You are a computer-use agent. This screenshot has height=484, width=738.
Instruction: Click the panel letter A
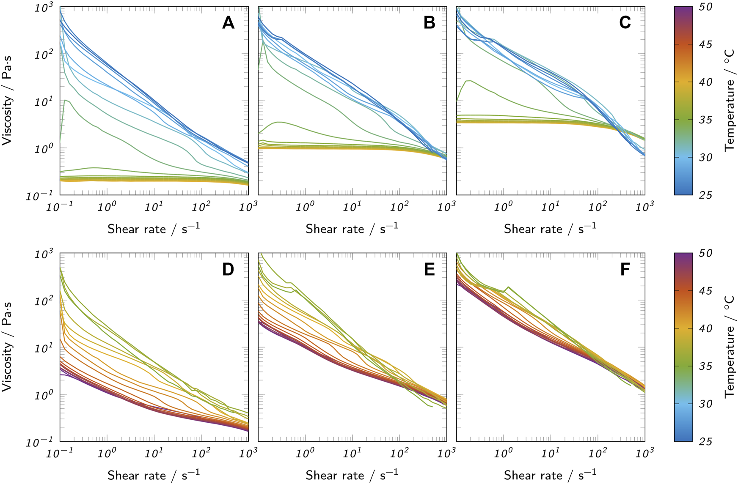228,22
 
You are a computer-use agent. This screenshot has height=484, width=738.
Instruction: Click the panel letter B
429,22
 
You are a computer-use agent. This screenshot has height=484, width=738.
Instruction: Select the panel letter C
625,22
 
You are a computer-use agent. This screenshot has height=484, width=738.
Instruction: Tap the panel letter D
228,269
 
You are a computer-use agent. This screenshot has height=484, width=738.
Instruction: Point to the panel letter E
429,269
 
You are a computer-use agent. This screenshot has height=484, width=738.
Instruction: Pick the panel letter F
625,269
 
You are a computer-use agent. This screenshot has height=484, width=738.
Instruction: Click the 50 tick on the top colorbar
706,7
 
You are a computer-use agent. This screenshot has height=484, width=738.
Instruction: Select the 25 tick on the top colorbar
706,195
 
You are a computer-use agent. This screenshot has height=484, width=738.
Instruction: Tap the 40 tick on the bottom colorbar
706,328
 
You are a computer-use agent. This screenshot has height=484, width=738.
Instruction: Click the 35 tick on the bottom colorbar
706,366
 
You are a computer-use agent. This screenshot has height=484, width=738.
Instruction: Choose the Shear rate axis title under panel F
550,475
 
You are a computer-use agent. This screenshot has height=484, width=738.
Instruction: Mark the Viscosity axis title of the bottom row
7,347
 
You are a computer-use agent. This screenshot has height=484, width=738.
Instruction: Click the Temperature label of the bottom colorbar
730,347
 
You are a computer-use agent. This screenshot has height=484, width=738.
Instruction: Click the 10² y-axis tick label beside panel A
44,54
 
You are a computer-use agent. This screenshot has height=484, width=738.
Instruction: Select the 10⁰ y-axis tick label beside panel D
44,395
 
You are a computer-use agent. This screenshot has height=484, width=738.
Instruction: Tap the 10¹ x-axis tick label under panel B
352,206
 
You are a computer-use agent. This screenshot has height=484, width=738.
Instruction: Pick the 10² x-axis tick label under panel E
399,453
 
